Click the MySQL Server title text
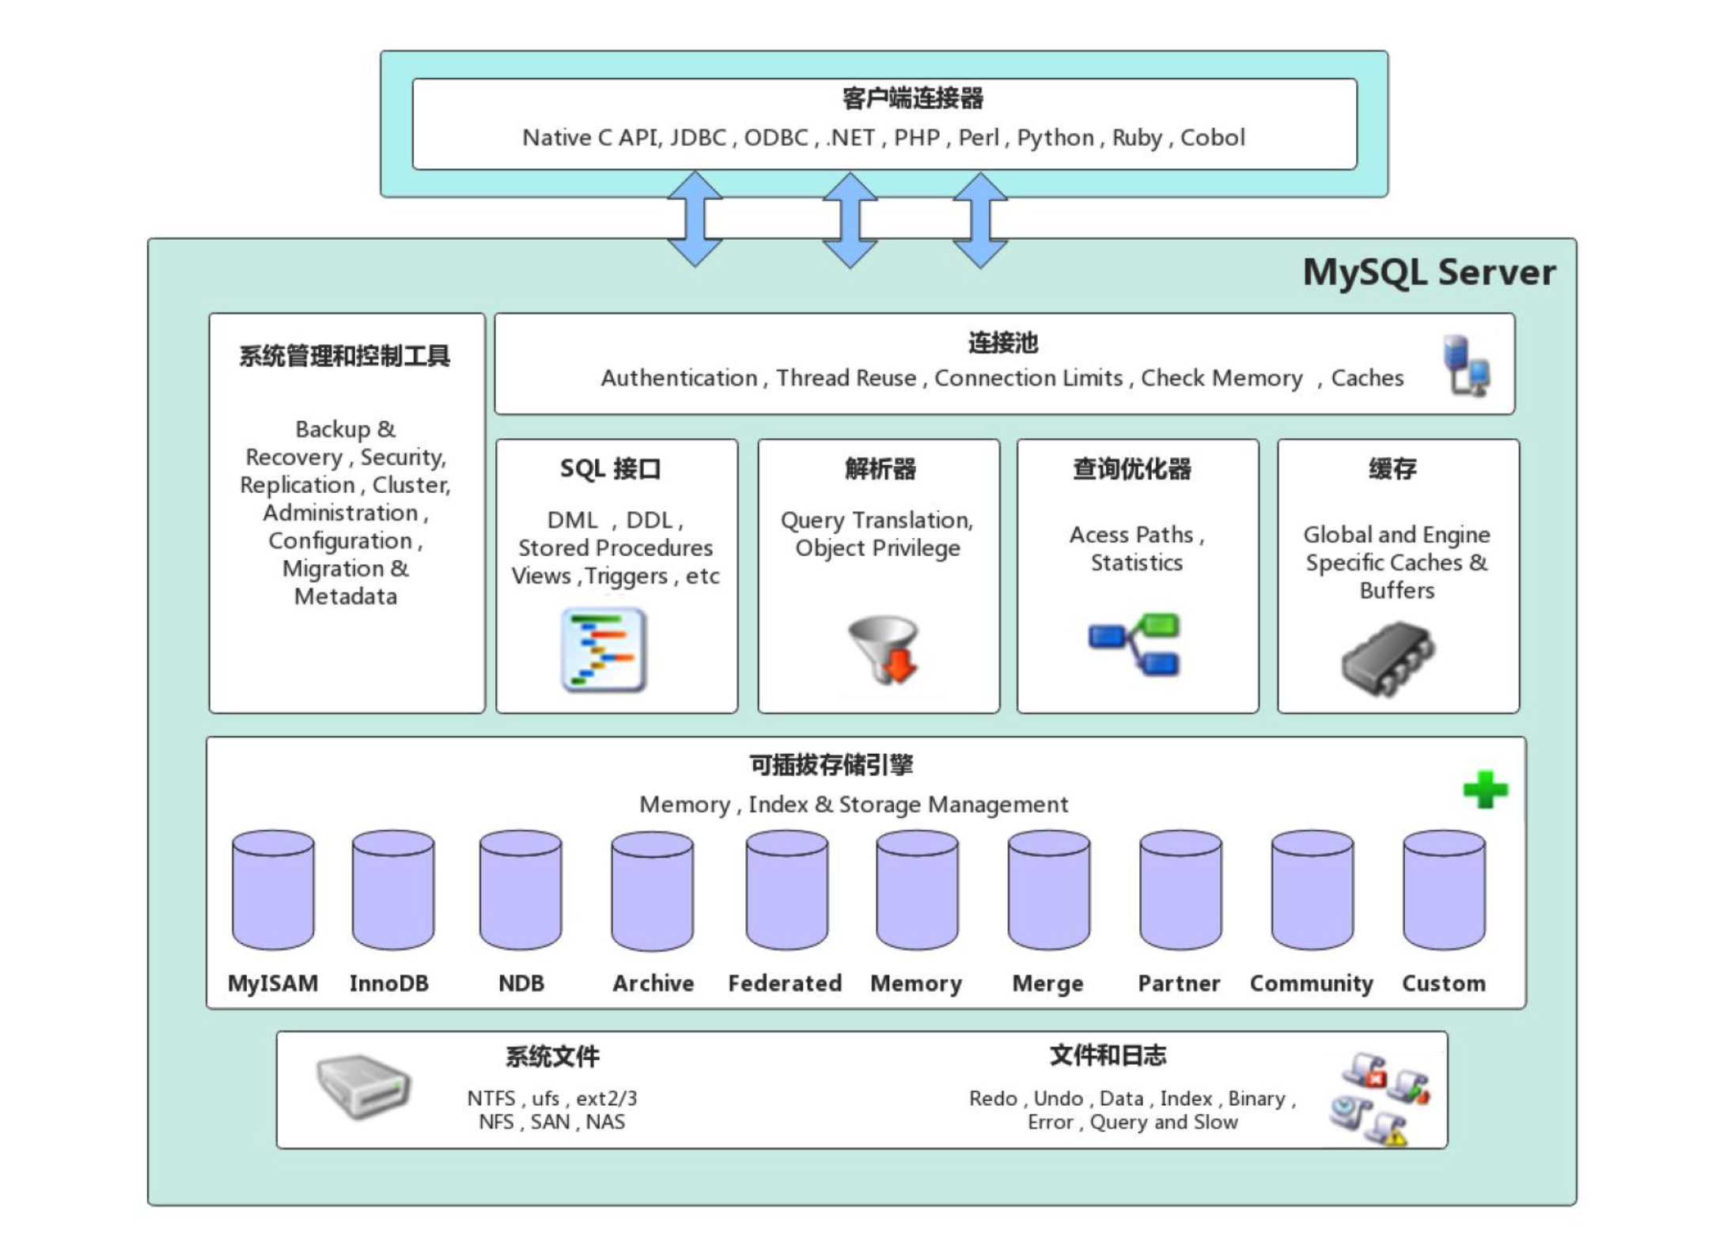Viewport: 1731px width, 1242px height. coord(1429,272)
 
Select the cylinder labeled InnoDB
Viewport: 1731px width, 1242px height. coord(393,890)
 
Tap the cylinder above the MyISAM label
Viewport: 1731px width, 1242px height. coord(273,890)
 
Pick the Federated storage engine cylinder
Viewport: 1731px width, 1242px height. coord(786,890)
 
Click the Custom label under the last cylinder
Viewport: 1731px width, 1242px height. coord(1444,983)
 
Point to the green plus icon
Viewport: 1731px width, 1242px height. coord(1485,790)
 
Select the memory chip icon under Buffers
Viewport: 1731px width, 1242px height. coord(1388,658)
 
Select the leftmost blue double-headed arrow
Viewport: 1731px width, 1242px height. coord(695,219)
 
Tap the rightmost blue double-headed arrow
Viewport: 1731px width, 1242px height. coord(979,220)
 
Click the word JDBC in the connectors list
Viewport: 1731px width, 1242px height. coord(698,138)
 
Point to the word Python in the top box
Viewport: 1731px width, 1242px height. coord(1055,138)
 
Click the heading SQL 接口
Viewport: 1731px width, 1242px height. coord(610,469)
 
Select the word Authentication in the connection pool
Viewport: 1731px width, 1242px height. coord(679,378)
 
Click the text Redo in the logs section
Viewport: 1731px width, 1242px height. coord(993,1098)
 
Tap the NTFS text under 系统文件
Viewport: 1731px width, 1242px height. coord(491,1098)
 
